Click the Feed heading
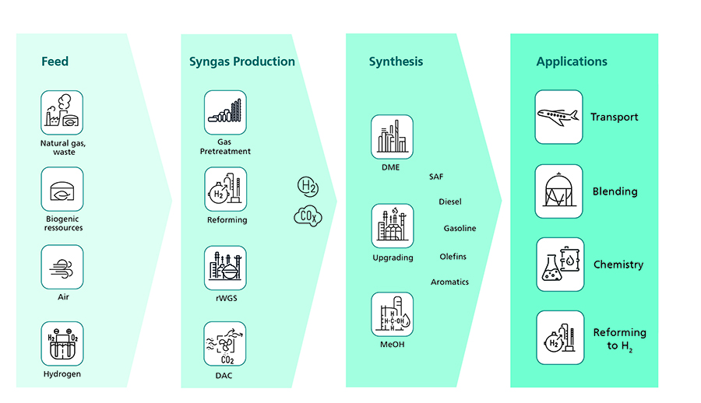[55, 61]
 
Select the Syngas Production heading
[241, 61]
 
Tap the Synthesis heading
[396, 61]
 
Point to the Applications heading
[572, 61]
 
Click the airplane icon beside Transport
[558, 117]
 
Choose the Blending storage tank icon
[558, 191]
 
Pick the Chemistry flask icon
[558, 265]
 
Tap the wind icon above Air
[62, 268]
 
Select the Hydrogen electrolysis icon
[62, 343]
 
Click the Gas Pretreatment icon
[225, 112]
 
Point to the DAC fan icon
[225, 344]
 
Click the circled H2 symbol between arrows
[308, 186]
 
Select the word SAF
[436, 177]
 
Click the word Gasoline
[460, 229]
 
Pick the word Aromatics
[449, 282]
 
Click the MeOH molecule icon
[393, 314]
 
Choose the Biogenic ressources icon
[62, 189]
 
